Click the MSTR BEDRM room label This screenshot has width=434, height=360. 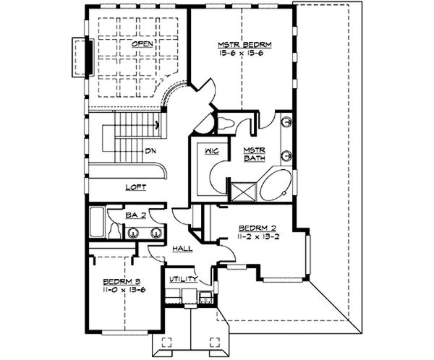(239, 45)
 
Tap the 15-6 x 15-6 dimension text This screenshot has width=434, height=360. (239, 53)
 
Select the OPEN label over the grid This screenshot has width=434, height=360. (140, 44)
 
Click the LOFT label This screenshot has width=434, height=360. (135, 187)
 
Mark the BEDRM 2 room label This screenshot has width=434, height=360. (255, 226)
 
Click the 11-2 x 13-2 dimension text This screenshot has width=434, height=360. (255, 235)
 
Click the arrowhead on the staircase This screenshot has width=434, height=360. (157, 124)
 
